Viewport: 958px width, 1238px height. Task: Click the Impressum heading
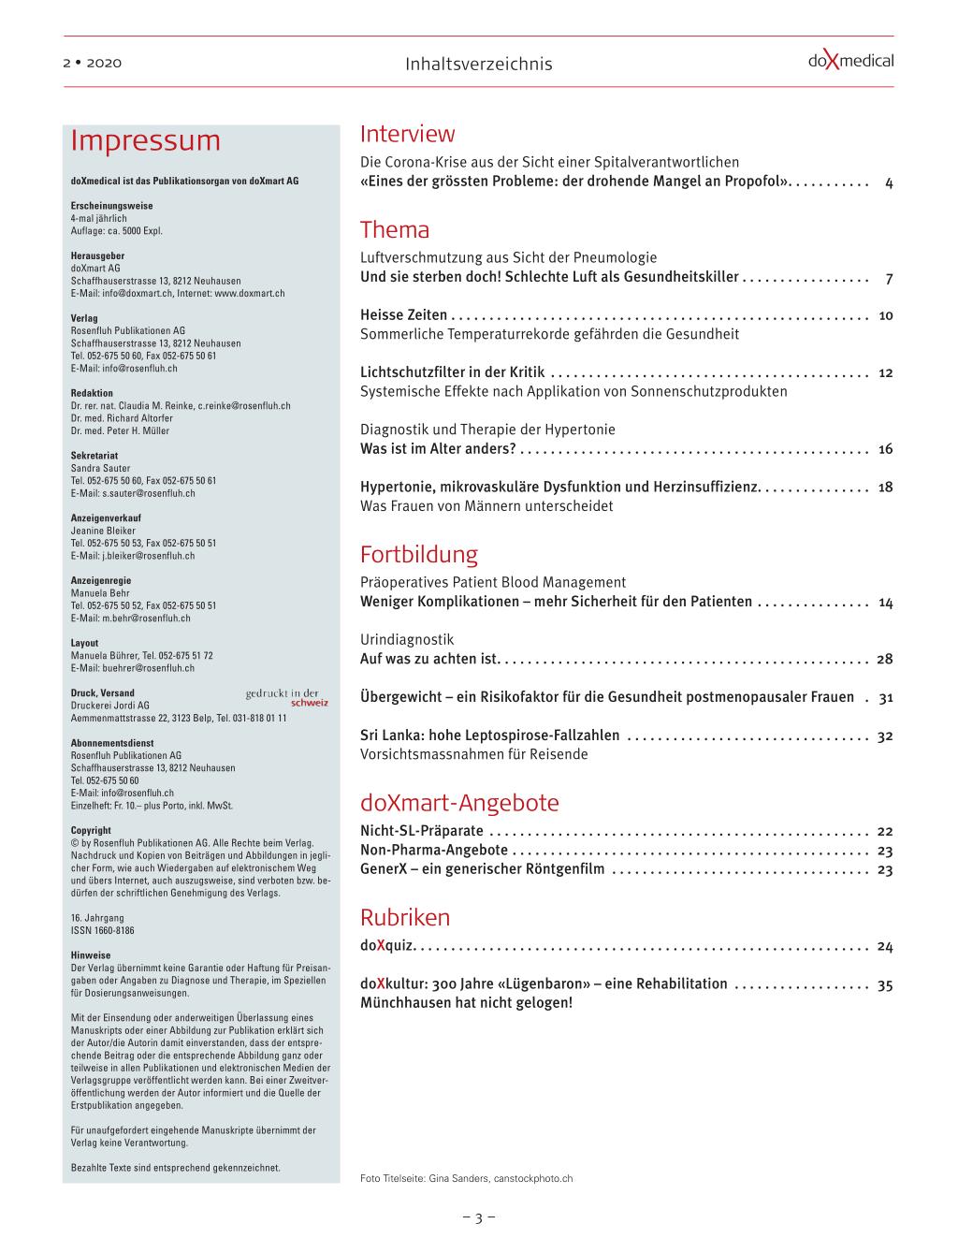(x=146, y=140)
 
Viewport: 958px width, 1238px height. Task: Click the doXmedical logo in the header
(x=850, y=61)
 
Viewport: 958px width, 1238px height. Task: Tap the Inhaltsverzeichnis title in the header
(x=478, y=64)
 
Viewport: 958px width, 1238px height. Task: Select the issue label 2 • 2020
(x=92, y=63)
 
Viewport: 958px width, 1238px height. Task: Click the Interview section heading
(x=407, y=134)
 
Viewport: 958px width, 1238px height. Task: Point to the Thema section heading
(x=395, y=229)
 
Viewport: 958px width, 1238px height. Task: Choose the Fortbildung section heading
(x=419, y=554)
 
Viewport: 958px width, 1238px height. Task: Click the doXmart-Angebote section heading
(x=459, y=803)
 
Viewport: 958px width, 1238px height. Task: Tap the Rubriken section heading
(x=405, y=917)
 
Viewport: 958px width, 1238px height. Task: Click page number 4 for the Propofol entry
(x=889, y=183)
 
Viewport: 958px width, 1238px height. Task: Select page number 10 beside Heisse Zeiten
(x=885, y=315)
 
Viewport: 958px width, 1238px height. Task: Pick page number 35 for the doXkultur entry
(x=885, y=985)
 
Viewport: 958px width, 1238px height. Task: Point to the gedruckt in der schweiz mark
(x=287, y=698)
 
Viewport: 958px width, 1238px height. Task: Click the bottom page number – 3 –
(x=478, y=1217)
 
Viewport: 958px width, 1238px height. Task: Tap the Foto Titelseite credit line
(x=466, y=1178)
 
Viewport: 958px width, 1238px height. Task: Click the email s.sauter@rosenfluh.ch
(x=148, y=493)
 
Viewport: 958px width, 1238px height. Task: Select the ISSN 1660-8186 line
(x=103, y=930)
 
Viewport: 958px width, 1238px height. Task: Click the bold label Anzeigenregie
(x=101, y=580)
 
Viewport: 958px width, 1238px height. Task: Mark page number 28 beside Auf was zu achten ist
(x=885, y=659)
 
